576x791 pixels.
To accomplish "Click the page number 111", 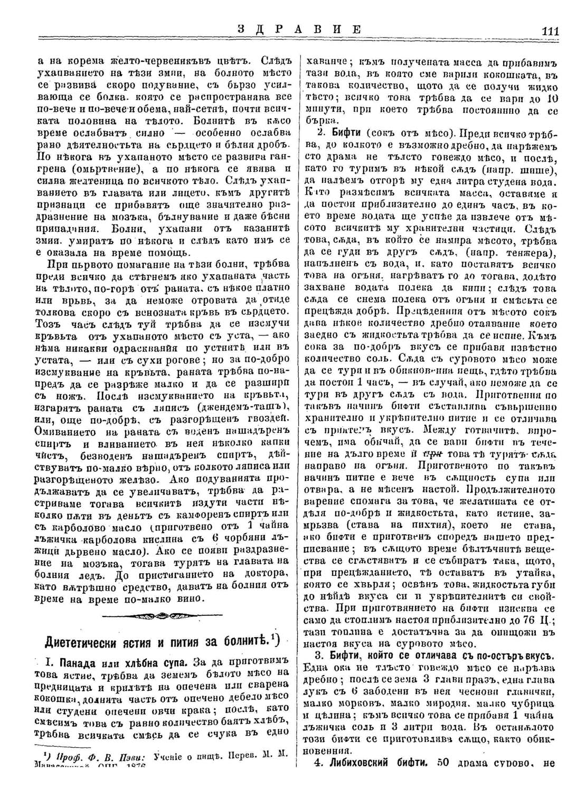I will (550, 31).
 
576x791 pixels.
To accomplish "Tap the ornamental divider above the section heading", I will (161, 616).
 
